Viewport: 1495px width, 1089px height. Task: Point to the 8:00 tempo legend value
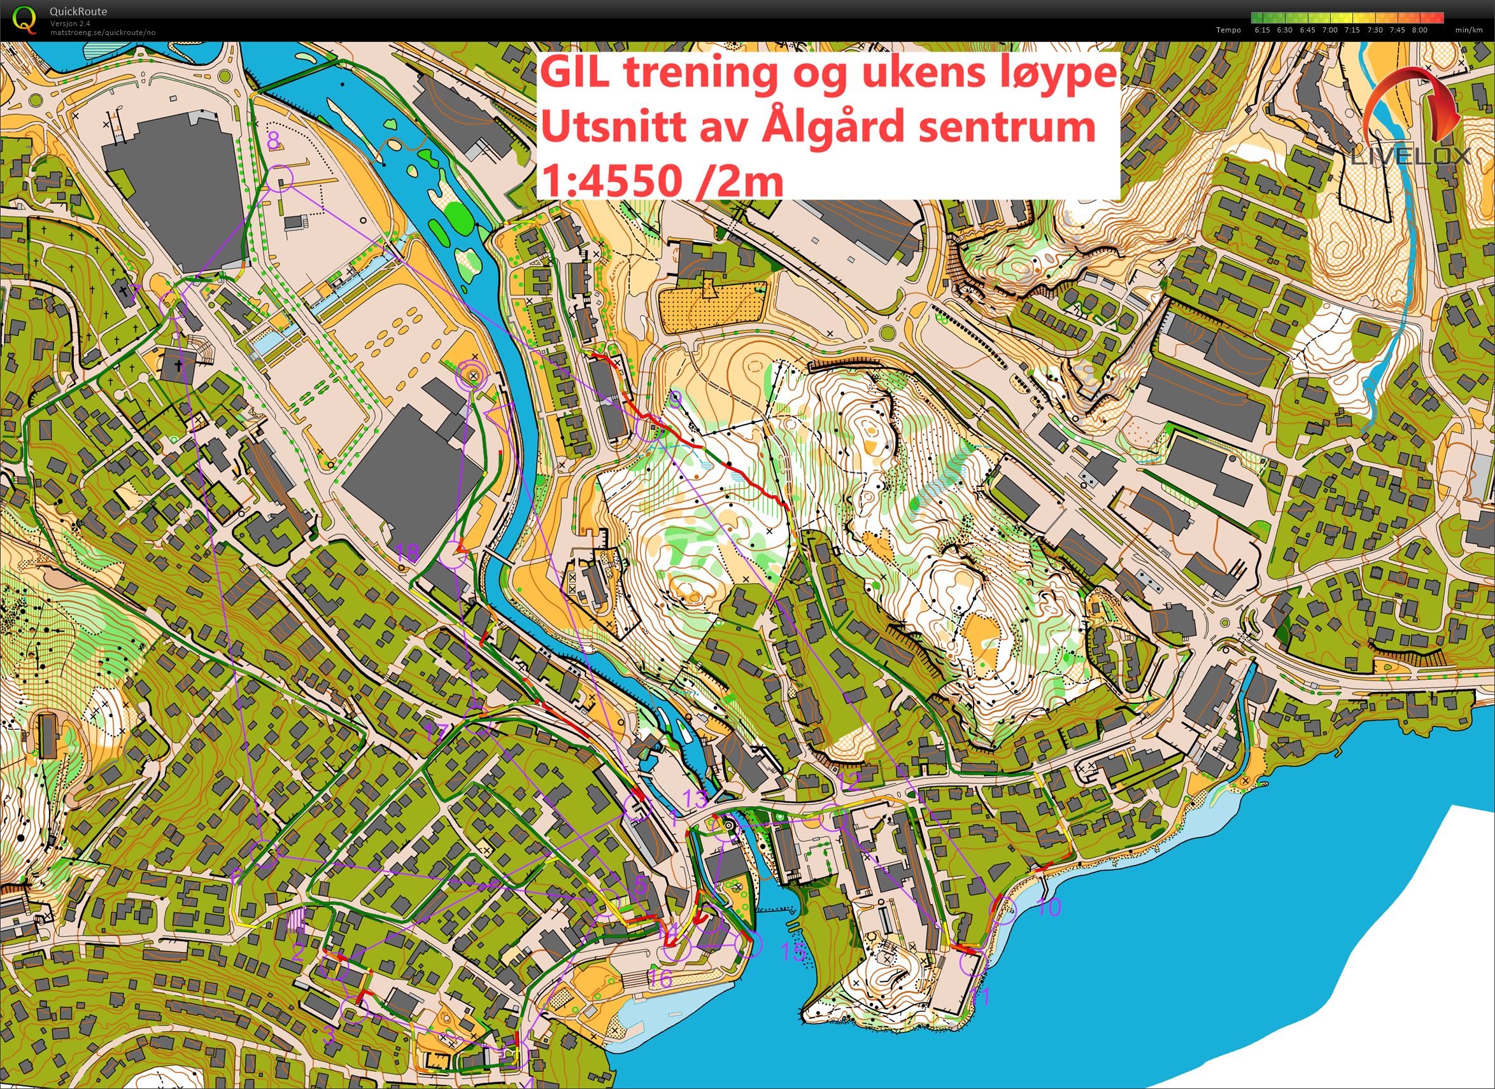pos(1419,30)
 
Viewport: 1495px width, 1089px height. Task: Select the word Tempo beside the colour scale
pos(1229,30)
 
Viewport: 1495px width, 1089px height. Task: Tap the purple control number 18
pos(407,552)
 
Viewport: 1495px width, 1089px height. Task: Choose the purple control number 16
pos(661,978)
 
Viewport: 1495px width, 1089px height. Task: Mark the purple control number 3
pos(329,1035)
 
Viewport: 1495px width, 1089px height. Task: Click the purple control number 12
pos(849,782)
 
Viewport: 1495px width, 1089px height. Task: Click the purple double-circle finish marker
pos(472,374)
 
